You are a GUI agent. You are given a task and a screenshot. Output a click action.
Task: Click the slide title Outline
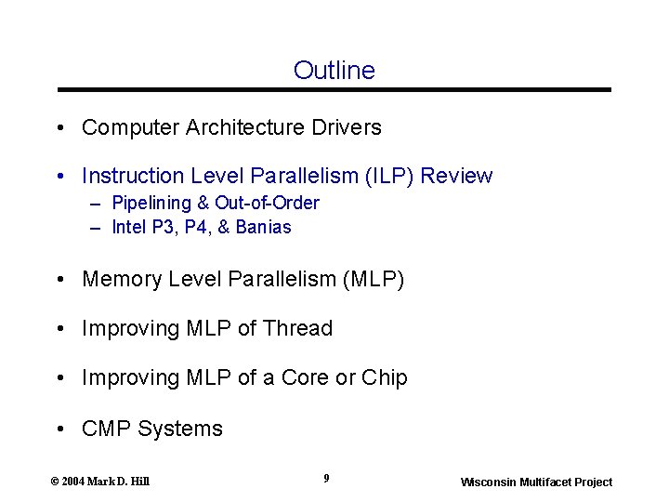pyautogui.click(x=334, y=71)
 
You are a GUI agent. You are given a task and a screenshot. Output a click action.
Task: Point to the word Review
pyautogui.click(x=459, y=176)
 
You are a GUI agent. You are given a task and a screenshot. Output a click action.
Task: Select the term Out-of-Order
pyautogui.click(x=267, y=203)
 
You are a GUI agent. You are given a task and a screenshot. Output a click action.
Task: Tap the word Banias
pyautogui.click(x=263, y=227)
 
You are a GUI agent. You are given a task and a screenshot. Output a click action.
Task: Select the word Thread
pyautogui.click(x=297, y=328)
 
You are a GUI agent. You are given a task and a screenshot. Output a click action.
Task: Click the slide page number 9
pyautogui.click(x=326, y=478)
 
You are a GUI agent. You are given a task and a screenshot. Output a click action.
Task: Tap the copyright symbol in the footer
pyautogui.click(x=54, y=481)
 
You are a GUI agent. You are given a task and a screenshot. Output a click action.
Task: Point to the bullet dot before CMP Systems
pyautogui.click(x=59, y=429)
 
